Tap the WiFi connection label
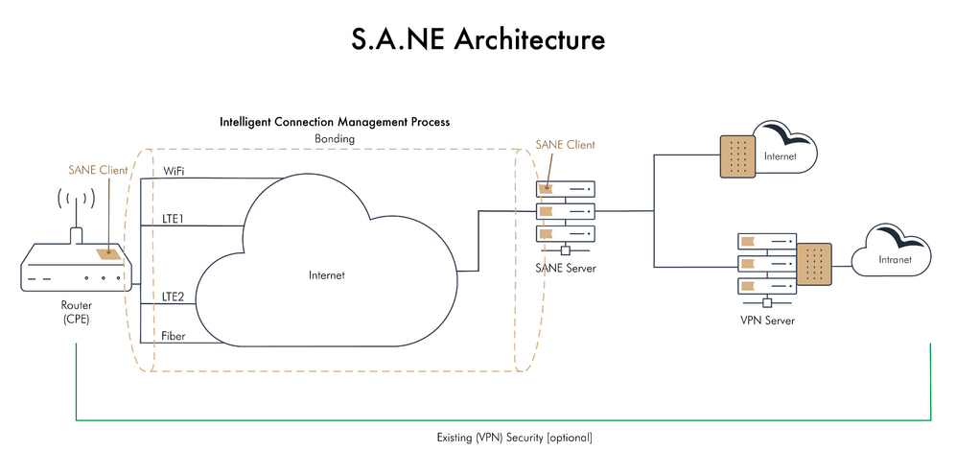(x=175, y=170)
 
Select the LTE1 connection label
(x=175, y=219)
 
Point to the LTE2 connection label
(x=175, y=297)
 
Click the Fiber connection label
(x=175, y=336)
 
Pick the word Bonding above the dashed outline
(x=335, y=139)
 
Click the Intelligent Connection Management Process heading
(x=335, y=123)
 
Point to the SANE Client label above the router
(x=98, y=170)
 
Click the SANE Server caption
(x=567, y=268)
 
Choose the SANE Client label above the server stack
(x=566, y=145)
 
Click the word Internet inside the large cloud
(x=326, y=275)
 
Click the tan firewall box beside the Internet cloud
(x=739, y=154)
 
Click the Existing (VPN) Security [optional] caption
(x=508, y=438)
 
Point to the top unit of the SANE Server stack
(x=566, y=188)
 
